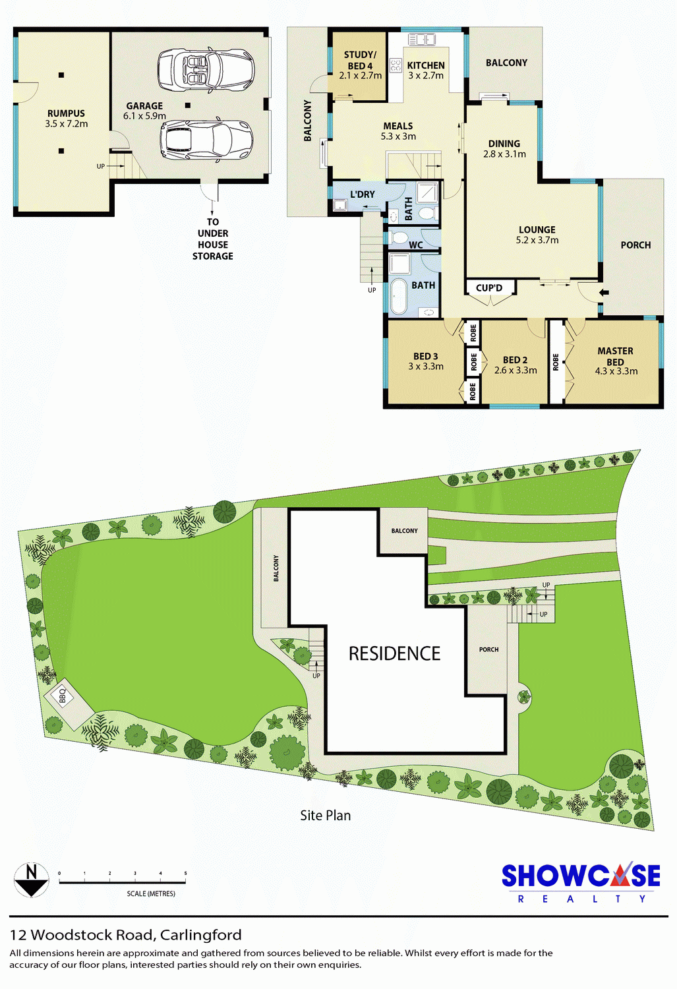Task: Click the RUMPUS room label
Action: (66, 113)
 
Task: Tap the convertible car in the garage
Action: (206, 69)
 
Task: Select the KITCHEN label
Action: (426, 65)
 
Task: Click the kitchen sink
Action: (421, 39)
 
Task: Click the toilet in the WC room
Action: (399, 238)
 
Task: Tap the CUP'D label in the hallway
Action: (489, 288)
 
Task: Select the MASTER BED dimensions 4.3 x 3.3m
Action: (616, 371)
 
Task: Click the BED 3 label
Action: (425, 356)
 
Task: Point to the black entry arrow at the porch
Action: (604, 292)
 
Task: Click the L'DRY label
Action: (363, 195)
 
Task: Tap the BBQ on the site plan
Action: (62, 696)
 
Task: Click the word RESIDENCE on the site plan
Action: (395, 653)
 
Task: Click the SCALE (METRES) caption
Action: (151, 893)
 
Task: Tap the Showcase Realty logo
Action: (581, 883)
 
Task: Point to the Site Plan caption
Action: (326, 815)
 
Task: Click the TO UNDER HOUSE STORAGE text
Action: (213, 239)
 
